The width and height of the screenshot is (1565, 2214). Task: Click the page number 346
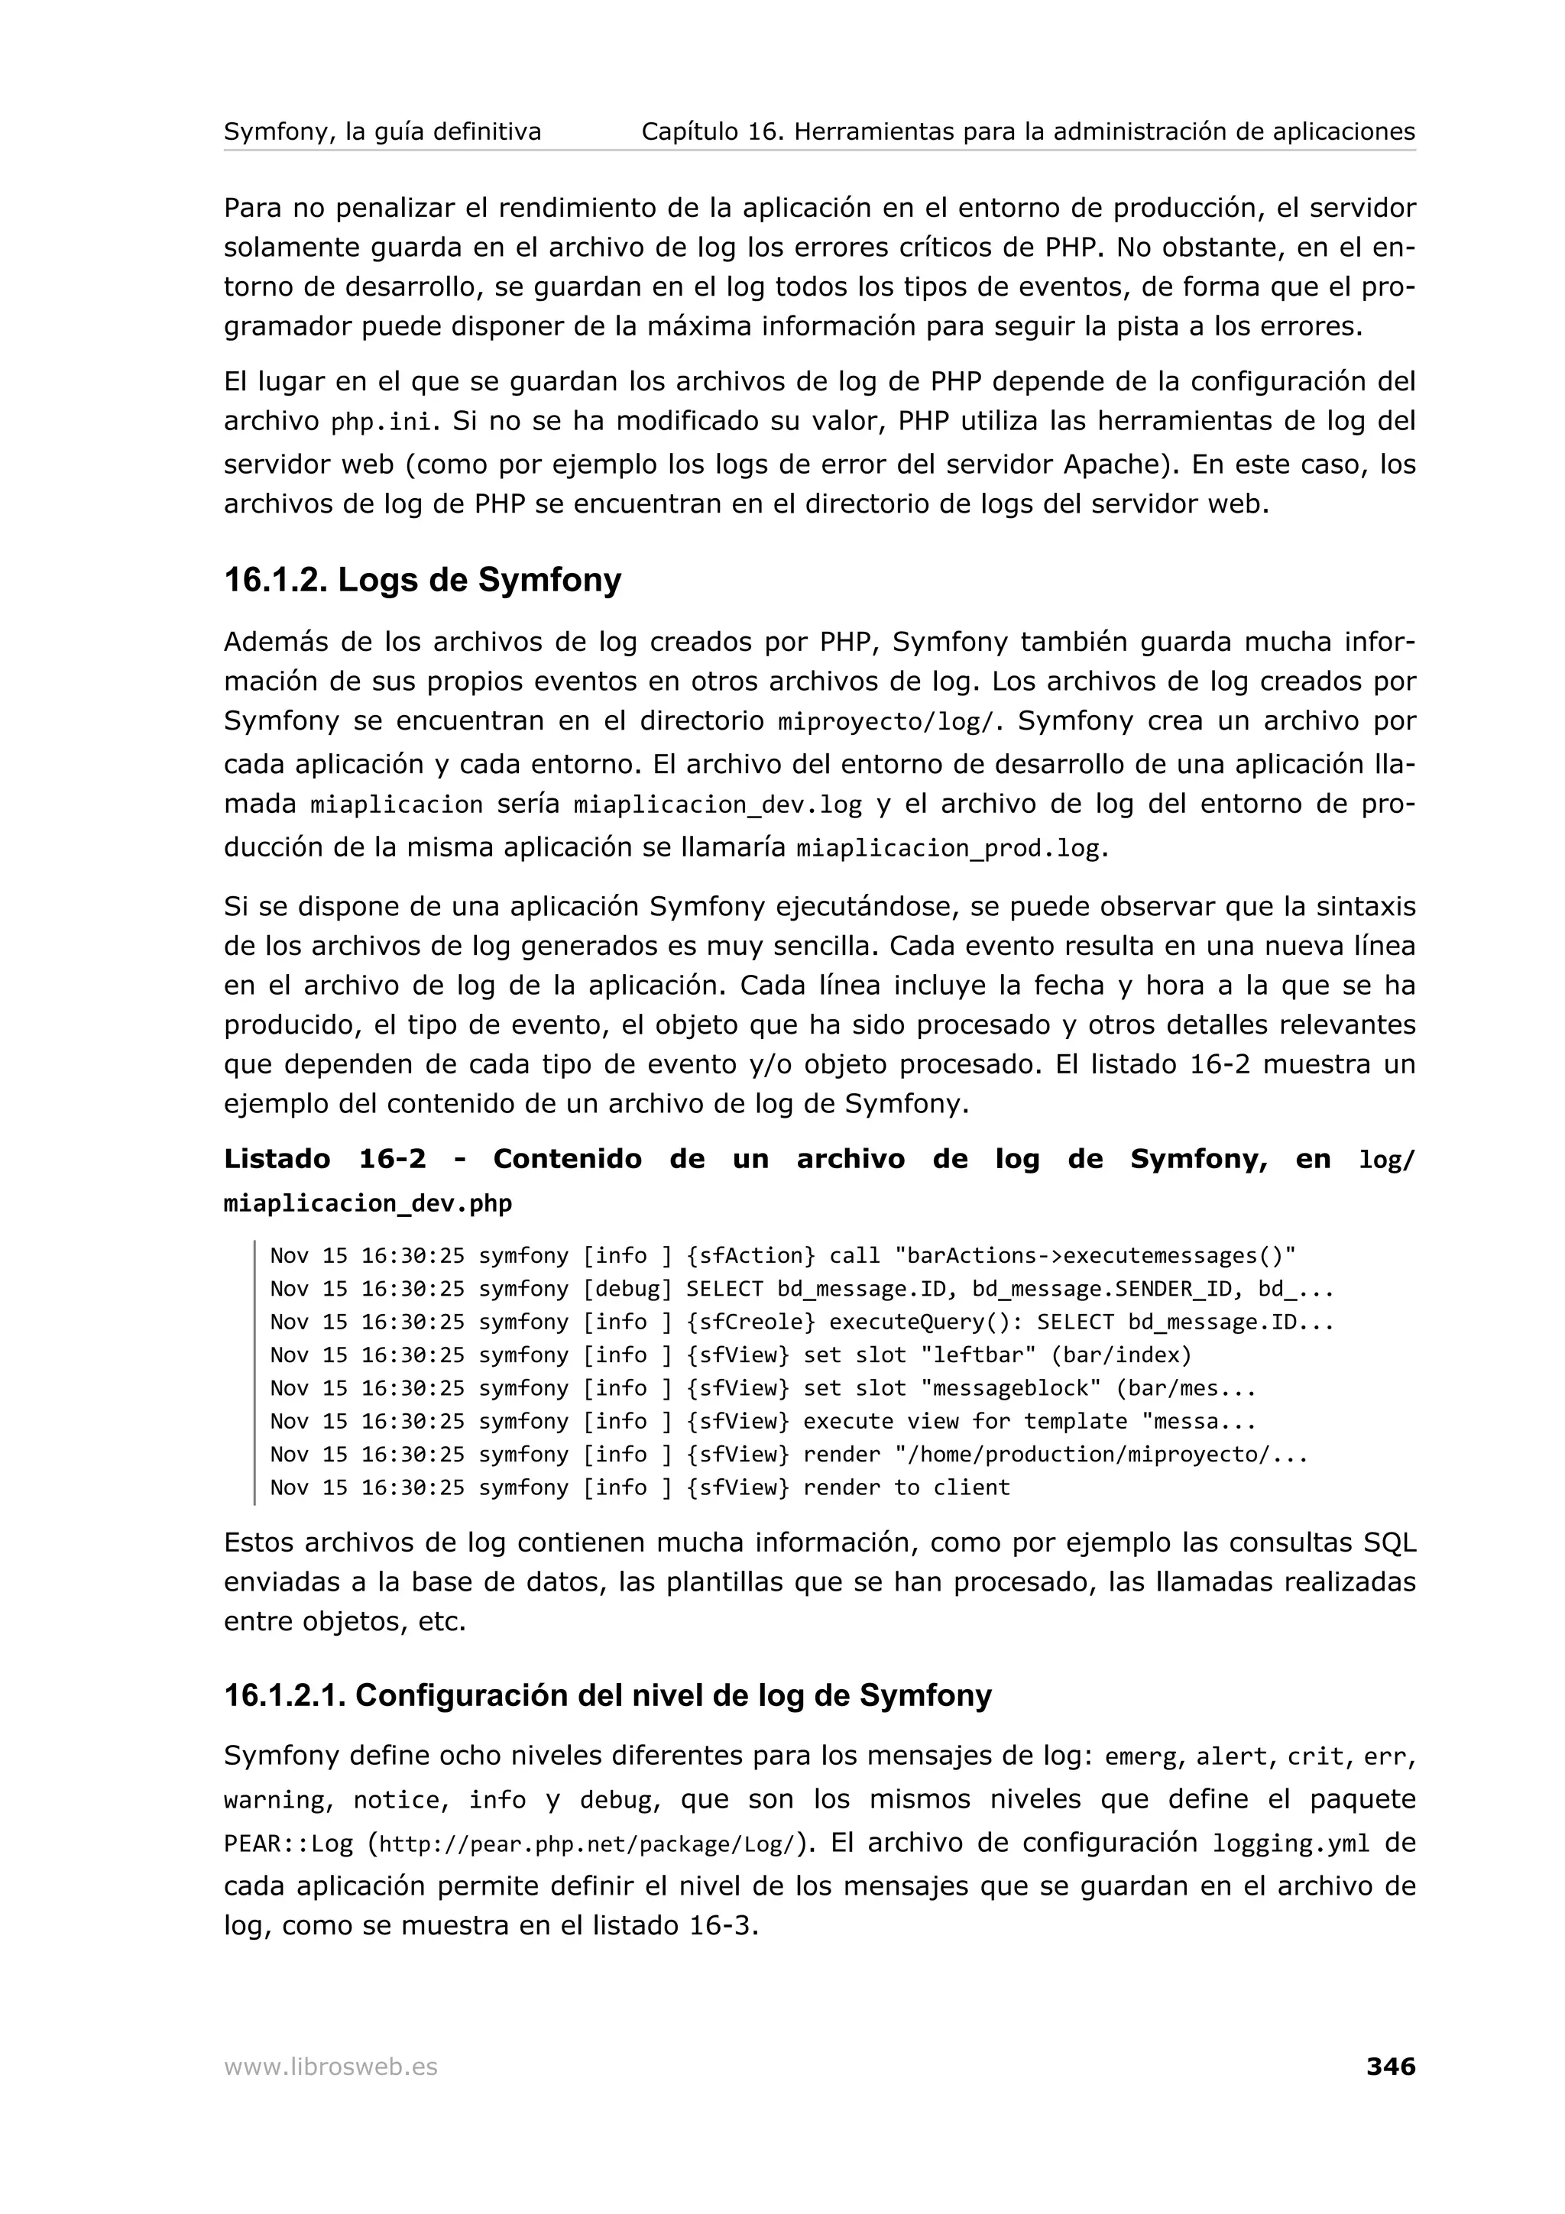coord(1389,2067)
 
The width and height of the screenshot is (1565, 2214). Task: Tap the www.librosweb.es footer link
coord(330,2067)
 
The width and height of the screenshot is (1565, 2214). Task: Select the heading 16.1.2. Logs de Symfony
coord(423,580)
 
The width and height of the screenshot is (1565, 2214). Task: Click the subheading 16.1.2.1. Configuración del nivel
coord(608,1696)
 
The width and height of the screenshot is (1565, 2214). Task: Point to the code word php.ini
coord(381,422)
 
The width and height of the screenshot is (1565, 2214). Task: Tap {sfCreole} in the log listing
coord(751,1322)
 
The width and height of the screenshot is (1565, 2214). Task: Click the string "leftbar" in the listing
coord(978,1355)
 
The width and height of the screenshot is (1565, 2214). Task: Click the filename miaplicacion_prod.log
coord(948,849)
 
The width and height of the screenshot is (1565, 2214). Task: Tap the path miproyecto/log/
coord(890,722)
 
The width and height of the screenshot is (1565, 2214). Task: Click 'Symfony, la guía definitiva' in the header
coord(382,131)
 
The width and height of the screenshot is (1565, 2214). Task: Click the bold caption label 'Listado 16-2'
coord(324,1159)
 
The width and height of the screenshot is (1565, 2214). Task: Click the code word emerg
coord(1141,1757)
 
